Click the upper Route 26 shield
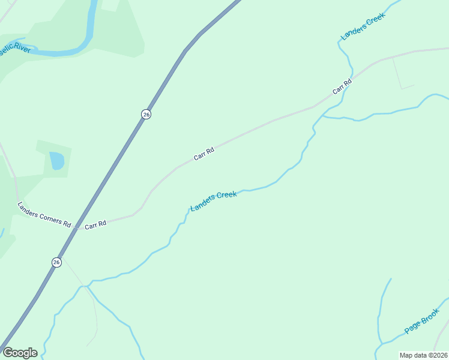pyautogui.click(x=146, y=114)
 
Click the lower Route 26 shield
pyautogui.click(x=56, y=262)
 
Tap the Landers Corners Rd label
pyautogui.click(x=44, y=213)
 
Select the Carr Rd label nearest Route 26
pyautogui.click(x=95, y=225)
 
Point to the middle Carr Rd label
pyautogui.click(x=204, y=154)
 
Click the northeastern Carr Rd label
pyautogui.click(x=342, y=87)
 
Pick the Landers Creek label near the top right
pyautogui.click(x=362, y=26)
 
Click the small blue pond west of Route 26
pyautogui.click(x=56, y=160)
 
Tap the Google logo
pyautogui.click(x=20, y=353)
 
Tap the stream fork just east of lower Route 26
pyautogui.click(x=86, y=286)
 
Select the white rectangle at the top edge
pyautogui.click(x=110, y=5)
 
